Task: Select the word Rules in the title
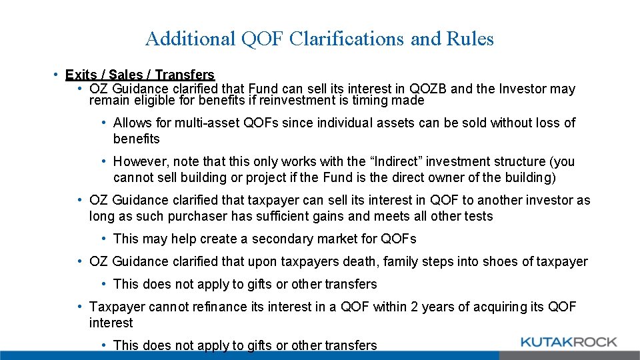coord(470,39)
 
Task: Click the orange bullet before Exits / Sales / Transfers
coord(58,75)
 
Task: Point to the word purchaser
coord(200,216)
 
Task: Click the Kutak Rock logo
coord(568,343)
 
